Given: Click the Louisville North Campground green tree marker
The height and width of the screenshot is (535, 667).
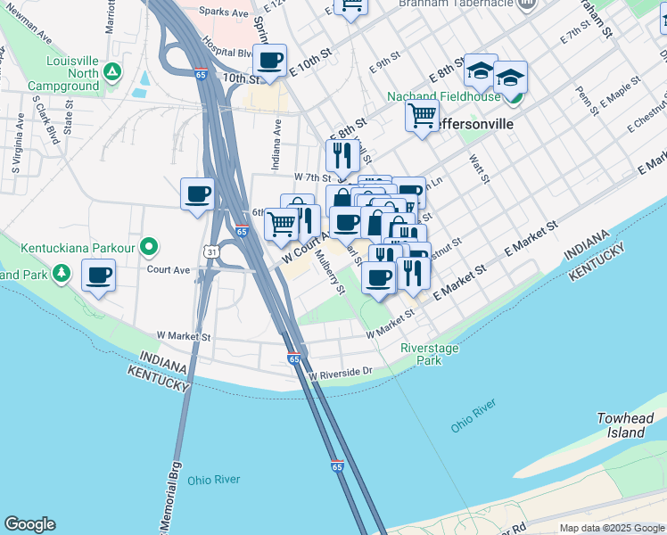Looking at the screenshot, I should coord(112,71).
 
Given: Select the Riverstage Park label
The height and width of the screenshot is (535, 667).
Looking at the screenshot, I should coord(422,354).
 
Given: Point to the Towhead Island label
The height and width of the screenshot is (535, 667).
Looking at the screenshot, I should coord(621,425).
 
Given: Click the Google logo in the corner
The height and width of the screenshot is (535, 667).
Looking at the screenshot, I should coord(29,524).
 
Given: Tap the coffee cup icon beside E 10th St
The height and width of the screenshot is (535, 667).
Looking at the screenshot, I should coord(269,61).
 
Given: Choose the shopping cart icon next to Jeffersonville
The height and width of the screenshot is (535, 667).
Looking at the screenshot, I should coord(422,114).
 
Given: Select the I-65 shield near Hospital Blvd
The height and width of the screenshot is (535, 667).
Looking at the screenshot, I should coord(202,75).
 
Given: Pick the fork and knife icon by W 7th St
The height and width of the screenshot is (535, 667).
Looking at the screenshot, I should coord(342,156).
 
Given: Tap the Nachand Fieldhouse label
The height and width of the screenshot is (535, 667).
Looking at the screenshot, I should coord(432,96).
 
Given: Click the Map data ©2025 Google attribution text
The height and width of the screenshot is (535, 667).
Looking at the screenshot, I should coord(611,528).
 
